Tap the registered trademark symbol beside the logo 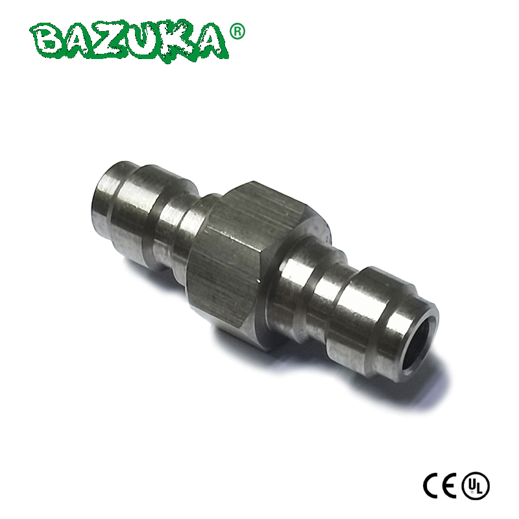tap(237, 31)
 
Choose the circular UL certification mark tap(476, 485)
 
